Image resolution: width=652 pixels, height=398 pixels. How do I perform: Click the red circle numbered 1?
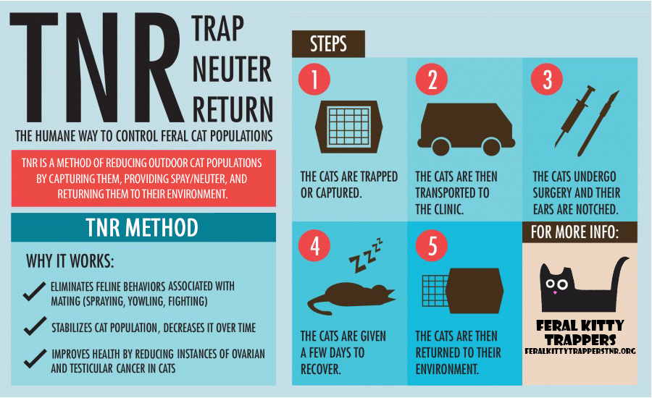(314, 79)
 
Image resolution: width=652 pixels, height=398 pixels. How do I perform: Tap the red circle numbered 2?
(432, 79)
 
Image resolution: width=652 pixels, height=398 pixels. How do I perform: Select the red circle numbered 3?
(547, 79)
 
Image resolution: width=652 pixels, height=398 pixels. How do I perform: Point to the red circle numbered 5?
(432, 245)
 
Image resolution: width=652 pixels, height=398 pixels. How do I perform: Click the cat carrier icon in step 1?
(348, 127)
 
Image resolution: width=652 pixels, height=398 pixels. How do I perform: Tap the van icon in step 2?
(466, 129)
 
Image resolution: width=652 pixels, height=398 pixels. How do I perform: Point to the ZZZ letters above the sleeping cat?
(366, 255)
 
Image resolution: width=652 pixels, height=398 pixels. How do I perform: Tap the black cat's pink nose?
(555, 293)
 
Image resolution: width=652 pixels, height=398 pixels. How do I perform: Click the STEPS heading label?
(328, 43)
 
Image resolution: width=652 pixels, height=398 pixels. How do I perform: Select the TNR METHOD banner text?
(142, 227)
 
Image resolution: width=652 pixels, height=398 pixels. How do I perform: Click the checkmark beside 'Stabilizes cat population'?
(35, 326)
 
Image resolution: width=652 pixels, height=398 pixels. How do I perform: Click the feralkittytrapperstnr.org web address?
(580, 351)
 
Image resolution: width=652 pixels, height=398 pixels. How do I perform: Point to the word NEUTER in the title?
(232, 69)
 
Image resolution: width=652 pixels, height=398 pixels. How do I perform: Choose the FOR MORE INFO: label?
(574, 232)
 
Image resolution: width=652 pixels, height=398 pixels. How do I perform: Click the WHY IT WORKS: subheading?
(70, 261)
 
